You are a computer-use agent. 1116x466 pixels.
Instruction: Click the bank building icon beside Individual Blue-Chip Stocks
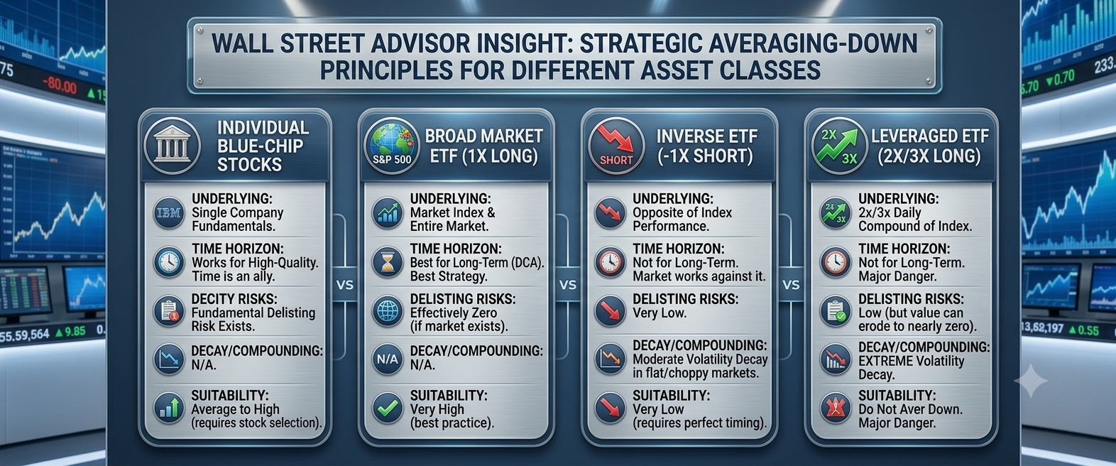(x=172, y=146)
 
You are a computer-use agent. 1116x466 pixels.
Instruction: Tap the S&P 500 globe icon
(x=392, y=146)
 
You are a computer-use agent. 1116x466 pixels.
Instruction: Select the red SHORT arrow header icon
(x=616, y=146)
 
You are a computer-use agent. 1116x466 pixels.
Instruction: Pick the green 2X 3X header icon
(x=840, y=146)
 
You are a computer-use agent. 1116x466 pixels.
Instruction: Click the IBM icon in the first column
(x=169, y=213)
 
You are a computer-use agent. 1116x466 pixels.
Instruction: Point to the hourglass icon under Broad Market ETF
(x=387, y=262)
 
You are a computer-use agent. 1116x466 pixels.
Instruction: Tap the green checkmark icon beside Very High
(x=387, y=408)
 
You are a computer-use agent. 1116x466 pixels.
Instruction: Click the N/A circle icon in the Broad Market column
(x=387, y=359)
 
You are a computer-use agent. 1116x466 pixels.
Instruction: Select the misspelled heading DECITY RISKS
(x=235, y=299)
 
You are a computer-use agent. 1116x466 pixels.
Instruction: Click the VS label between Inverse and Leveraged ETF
(x=791, y=285)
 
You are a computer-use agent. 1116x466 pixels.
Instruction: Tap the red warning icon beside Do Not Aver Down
(x=836, y=408)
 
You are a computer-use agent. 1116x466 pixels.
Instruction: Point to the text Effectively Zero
(x=454, y=313)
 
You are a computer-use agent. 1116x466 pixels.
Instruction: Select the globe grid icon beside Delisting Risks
(x=387, y=311)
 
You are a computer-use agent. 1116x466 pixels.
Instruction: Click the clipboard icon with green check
(x=836, y=311)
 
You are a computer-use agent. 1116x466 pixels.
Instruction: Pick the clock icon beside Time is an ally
(x=169, y=262)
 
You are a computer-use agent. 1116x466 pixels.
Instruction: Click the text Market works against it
(x=699, y=276)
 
